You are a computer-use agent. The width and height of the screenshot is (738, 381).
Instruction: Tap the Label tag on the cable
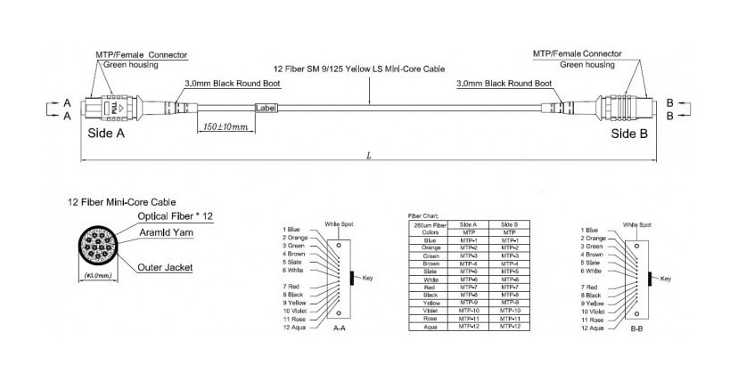(267, 108)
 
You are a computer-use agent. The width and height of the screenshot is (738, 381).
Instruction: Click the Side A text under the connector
(107, 133)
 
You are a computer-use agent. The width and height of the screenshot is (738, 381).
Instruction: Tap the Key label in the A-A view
(367, 279)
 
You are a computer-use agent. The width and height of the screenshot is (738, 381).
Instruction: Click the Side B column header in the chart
(509, 224)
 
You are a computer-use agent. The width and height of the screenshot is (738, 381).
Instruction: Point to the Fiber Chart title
(422, 216)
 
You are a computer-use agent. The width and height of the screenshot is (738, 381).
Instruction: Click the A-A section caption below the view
(338, 328)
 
